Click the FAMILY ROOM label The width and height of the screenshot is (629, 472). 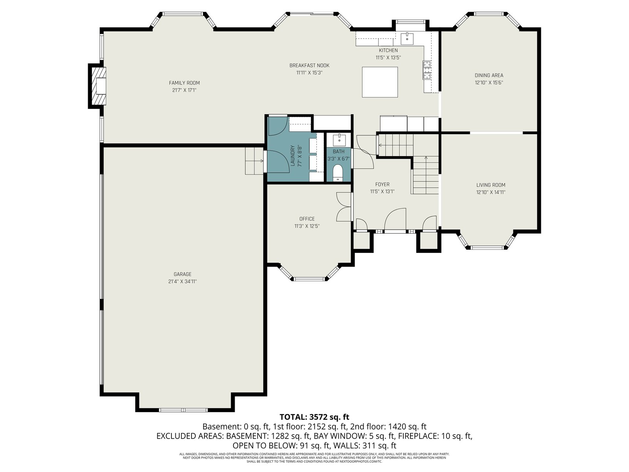[184, 83]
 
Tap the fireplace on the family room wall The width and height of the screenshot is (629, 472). [97, 86]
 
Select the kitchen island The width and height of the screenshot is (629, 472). [380, 82]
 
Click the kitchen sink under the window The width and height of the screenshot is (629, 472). [407, 39]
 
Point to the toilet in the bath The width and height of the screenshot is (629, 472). [338, 173]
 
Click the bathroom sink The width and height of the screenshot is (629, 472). [339, 140]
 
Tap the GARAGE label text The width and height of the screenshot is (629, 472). [182, 274]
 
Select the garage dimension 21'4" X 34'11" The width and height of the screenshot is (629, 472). [182, 281]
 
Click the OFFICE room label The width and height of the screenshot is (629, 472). [307, 219]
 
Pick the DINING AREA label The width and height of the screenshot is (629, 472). [489, 76]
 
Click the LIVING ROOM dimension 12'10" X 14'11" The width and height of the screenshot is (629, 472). [491, 192]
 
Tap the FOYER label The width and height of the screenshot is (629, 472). [382, 184]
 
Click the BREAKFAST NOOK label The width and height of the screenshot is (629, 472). [309, 66]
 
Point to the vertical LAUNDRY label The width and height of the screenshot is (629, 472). [292, 156]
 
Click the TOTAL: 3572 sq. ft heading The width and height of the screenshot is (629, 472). [314, 417]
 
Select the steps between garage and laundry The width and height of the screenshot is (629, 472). [254, 161]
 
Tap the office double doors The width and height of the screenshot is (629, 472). [344, 206]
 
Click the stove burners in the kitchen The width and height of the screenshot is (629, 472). [427, 70]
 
